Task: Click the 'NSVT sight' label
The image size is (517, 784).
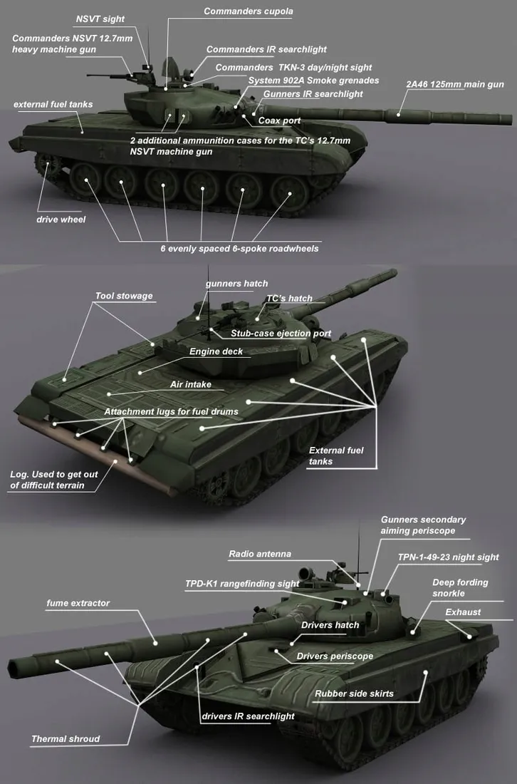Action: [x=100, y=18]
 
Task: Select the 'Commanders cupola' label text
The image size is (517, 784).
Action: [x=248, y=11]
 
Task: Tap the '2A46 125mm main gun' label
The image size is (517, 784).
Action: [x=454, y=84]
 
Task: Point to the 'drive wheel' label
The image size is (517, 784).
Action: [x=61, y=219]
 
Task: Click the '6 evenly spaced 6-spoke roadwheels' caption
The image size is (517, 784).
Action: [x=239, y=249]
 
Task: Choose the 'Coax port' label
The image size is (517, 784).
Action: [x=279, y=120]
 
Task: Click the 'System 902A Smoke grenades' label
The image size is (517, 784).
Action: [x=313, y=81]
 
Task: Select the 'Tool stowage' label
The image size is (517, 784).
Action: [x=124, y=296]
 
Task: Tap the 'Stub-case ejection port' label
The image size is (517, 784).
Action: [x=281, y=334]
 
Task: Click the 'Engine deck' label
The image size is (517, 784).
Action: [x=216, y=351]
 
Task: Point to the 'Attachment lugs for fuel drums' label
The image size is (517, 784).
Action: [x=170, y=411]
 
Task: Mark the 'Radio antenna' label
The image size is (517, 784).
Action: [x=259, y=554]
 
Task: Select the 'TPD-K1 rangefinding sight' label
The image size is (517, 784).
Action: [x=242, y=584]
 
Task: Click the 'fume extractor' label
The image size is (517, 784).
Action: [x=78, y=603]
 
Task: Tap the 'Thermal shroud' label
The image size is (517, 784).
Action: [x=66, y=738]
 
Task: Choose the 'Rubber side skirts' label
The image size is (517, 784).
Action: [x=354, y=693]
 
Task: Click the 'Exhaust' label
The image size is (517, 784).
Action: [x=463, y=612]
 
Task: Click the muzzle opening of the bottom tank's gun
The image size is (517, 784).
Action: [x=15, y=669]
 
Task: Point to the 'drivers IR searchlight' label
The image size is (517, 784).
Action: [x=248, y=716]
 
